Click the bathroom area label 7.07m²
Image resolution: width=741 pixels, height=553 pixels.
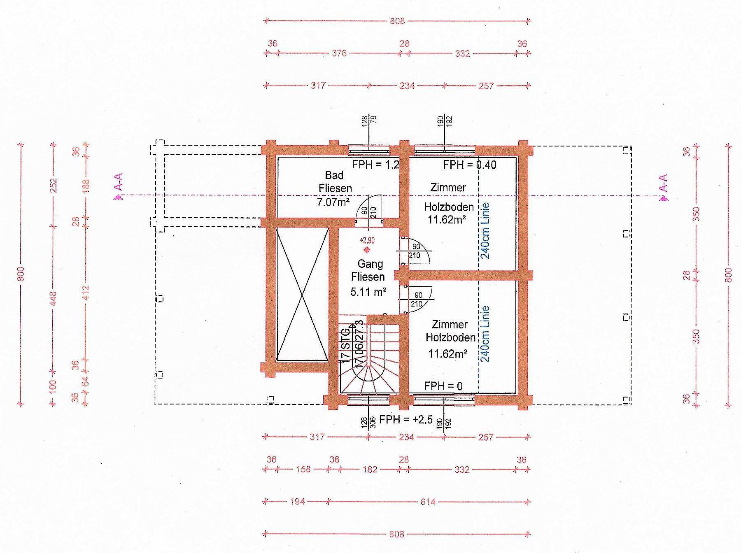[334, 202]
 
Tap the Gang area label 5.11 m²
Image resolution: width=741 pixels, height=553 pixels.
[368, 292]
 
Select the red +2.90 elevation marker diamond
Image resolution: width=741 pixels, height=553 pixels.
[366, 250]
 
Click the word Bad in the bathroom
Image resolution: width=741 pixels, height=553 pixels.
[334, 175]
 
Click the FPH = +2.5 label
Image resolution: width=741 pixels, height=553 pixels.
[405, 419]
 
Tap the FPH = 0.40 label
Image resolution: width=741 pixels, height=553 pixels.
[470, 165]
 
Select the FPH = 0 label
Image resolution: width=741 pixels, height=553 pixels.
[443, 386]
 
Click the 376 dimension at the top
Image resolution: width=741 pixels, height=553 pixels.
[339, 53]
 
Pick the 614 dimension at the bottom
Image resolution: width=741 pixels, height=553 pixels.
[428, 502]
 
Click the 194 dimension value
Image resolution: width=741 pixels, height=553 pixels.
[297, 502]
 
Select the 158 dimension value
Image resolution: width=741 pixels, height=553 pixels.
[303, 469]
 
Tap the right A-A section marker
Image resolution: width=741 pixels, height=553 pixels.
[663, 188]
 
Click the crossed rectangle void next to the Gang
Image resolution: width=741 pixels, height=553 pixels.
[302, 295]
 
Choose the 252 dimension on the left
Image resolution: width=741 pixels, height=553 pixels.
[53, 186]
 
